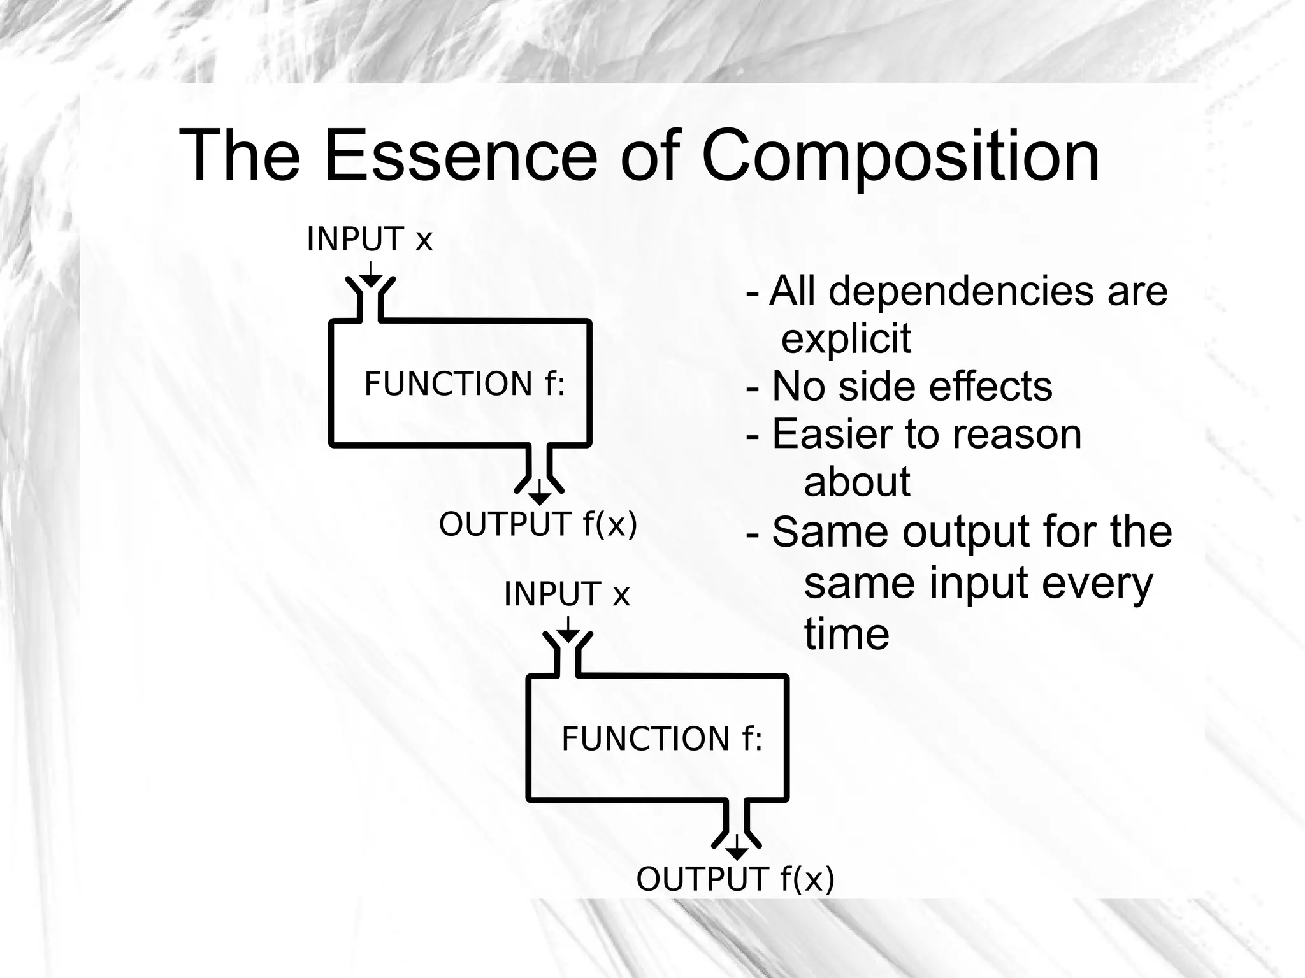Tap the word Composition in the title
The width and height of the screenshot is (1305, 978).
(900, 158)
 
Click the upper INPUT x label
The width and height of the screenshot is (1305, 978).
(370, 240)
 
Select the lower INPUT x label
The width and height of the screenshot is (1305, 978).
(566, 594)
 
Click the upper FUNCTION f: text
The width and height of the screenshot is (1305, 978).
(465, 384)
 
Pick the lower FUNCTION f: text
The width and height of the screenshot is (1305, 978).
(662, 739)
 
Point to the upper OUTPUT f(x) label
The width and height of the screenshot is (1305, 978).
(538, 524)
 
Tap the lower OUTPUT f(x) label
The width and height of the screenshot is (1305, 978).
(735, 879)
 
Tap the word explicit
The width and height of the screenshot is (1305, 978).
(846, 338)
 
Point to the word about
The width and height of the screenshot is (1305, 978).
(857, 482)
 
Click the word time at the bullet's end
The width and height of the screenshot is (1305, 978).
(846, 635)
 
